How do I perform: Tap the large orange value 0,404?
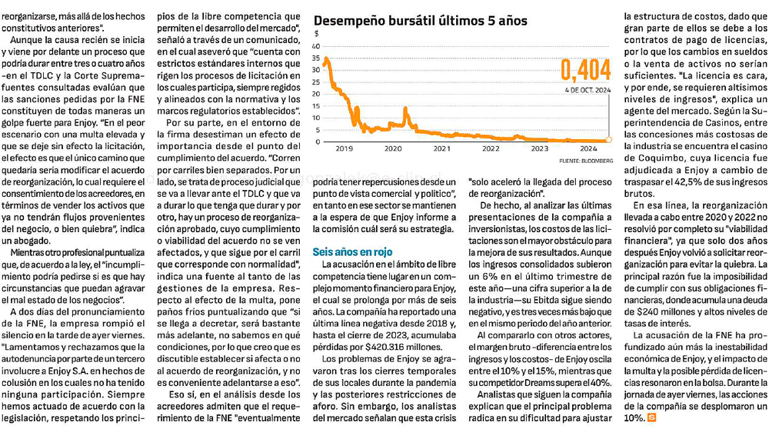585,70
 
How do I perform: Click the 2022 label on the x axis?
491,148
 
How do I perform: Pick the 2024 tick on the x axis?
588,148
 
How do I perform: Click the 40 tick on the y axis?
316,47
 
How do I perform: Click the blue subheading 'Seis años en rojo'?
353,252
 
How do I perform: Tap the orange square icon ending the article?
652,417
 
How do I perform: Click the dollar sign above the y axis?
317,33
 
